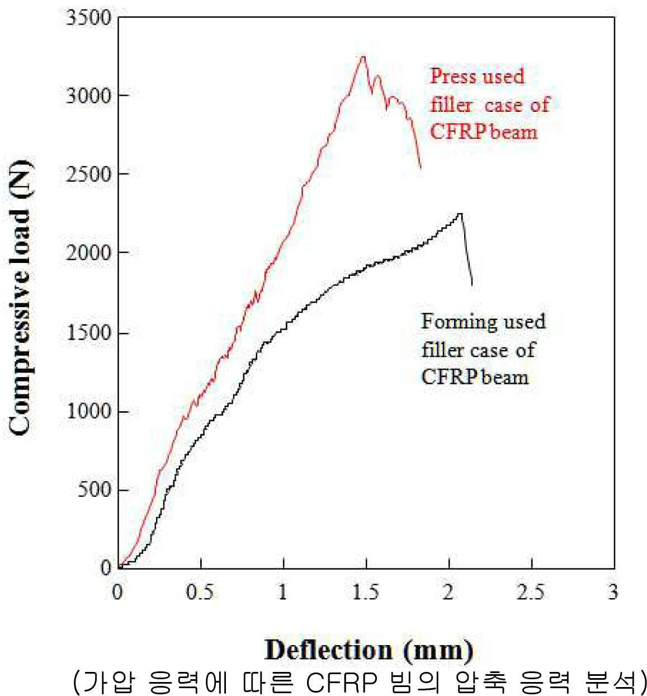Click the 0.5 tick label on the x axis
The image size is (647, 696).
(200, 592)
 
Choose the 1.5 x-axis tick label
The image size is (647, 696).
(365, 592)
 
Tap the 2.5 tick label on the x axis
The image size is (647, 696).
(531, 592)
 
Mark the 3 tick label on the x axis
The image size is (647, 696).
(613, 592)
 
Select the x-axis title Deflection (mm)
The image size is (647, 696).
(369, 650)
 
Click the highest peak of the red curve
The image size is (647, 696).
(363, 57)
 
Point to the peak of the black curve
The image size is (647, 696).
(460, 213)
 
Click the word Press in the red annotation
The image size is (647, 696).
(452, 76)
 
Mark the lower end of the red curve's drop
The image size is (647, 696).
(421, 168)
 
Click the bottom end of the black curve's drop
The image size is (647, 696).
(472, 286)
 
